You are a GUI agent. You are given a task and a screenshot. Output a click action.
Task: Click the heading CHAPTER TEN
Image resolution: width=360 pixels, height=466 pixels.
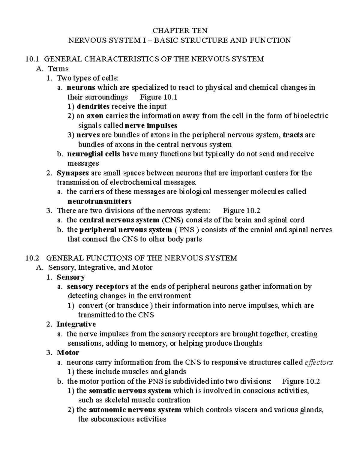coord(180,31)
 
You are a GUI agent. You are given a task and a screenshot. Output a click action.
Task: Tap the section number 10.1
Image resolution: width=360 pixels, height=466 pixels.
coord(32,59)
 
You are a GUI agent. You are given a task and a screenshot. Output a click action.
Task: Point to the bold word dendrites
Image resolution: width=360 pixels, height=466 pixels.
coord(93,107)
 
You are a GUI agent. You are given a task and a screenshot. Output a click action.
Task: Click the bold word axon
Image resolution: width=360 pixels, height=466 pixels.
coord(95,116)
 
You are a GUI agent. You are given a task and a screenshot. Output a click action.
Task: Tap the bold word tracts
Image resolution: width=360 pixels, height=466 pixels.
coord(293,135)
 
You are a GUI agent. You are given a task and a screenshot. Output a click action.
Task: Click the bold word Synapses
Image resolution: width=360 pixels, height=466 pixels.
coord(73,173)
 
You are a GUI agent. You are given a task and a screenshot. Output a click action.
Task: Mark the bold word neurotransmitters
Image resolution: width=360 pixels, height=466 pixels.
coord(100,201)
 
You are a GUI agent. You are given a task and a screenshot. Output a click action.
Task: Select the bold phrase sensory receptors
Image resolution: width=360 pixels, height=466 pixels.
coord(98,287)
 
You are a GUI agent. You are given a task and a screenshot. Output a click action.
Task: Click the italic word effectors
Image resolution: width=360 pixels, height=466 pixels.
coord(318,362)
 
